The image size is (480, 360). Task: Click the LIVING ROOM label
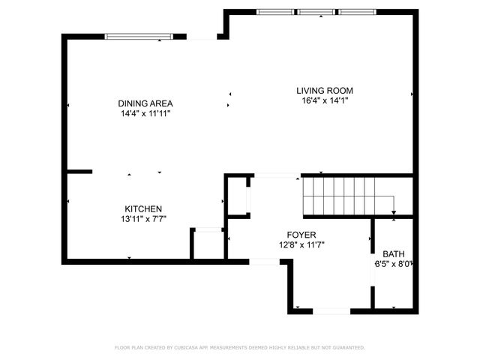pyautogui.click(x=322, y=90)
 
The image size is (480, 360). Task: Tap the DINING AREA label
pyautogui.click(x=145, y=103)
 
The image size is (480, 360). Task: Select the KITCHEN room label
pyautogui.click(x=143, y=208)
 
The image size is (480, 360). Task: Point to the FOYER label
pyautogui.click(x=301, y=235)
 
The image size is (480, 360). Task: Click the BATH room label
pyautogui.click(x=393, y=253)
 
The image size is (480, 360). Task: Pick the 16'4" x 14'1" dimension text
pyautogui.click(x=322, y=100)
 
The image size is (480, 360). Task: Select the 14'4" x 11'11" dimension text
pyautogui.click(x=145, y=113)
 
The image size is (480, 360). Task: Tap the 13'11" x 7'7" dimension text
pyautogui.click(x=143, y=218)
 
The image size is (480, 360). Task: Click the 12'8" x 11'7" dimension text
pyautogui.click(x=301, y=244)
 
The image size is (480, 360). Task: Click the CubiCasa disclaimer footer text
pyautogui.click(x=240, y=347)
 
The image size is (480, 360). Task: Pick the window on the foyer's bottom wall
pyautogui.click(x=330, y=310)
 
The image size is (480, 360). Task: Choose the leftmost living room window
pyautogui.click(x=275, y=12)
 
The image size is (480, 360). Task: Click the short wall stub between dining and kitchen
pyautogui.click(x=79, y=172)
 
